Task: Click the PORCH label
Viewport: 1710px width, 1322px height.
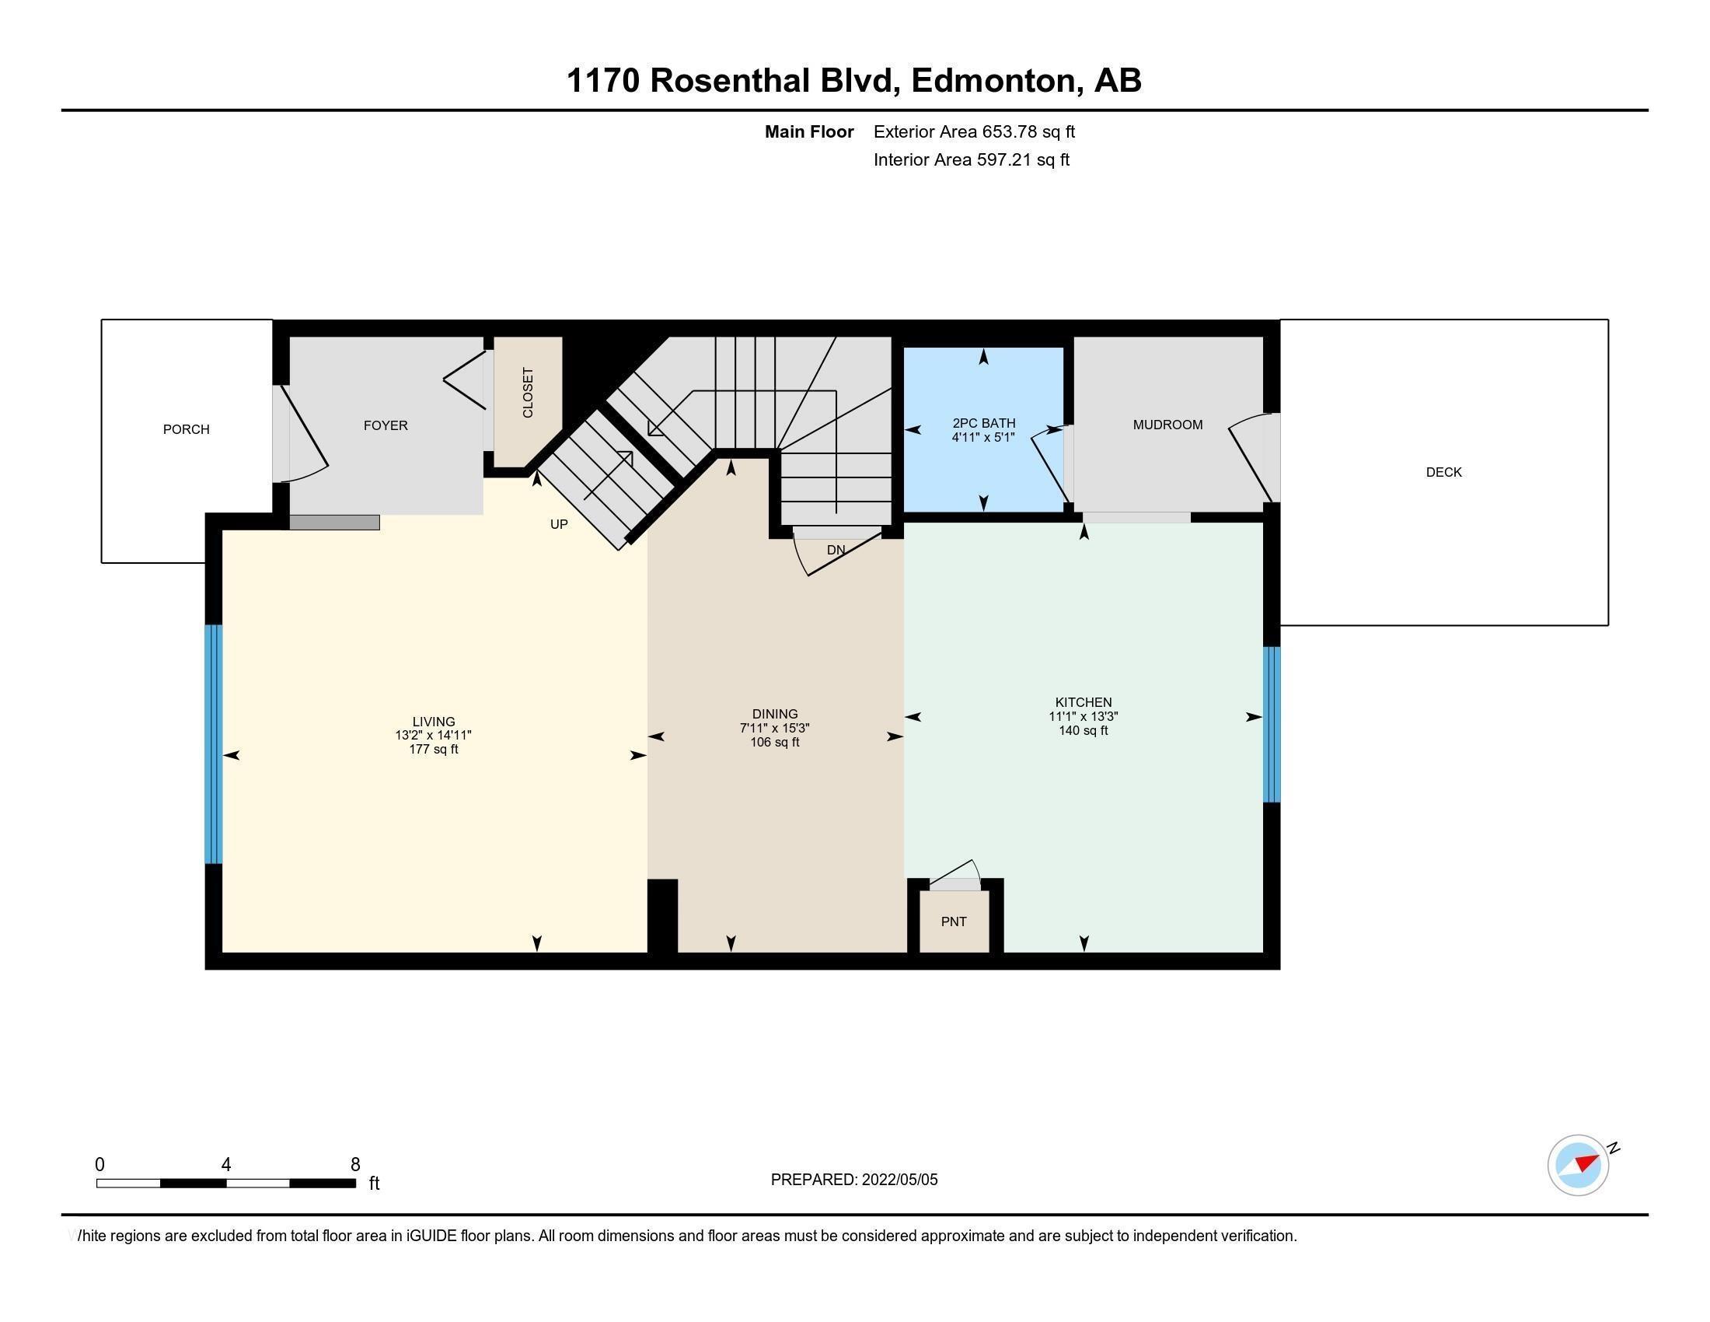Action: (187, 429)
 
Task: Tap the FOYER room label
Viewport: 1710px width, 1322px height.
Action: (386, 425)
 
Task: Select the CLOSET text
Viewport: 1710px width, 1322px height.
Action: (528, 393)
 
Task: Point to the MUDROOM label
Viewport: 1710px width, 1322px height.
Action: (1167, 425)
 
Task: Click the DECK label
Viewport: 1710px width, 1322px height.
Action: (1444, 472)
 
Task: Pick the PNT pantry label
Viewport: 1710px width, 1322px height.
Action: (954, 922)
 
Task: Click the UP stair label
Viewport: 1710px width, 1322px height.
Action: (558, 524)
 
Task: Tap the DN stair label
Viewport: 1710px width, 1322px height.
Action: (836, 550)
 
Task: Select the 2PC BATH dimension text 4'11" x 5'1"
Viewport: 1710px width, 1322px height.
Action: (983, 438)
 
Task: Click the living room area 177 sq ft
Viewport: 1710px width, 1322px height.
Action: (433, 750)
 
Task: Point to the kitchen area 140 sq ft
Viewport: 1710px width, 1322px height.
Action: (1084, 731)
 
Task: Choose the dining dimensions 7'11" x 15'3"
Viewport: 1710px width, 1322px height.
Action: (774, 729)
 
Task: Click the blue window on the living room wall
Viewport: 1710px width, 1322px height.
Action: (214, 744)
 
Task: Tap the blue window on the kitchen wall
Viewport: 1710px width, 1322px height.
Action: (1272, 725)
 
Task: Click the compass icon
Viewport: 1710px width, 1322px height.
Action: (1579, 1165)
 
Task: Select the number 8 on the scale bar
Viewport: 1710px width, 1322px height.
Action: (355, 1165)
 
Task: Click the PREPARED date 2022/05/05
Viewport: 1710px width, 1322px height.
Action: (899, 1180)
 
